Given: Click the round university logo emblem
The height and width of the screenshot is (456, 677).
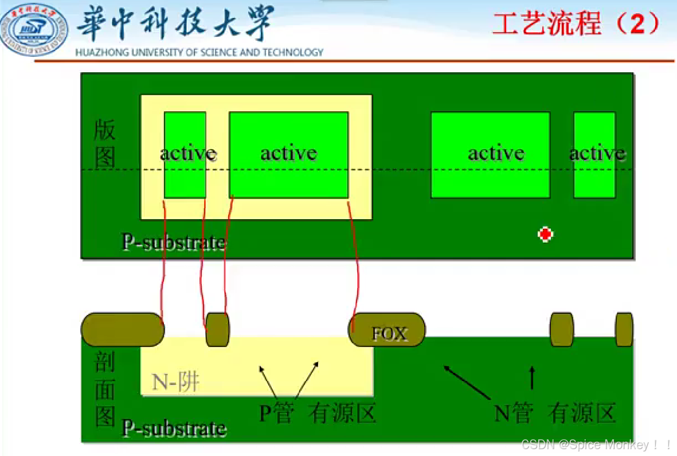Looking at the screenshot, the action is (34, 30).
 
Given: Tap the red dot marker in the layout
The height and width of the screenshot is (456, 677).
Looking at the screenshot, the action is (545, 234).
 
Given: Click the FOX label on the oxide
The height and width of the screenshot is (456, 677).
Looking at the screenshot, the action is (390, 334).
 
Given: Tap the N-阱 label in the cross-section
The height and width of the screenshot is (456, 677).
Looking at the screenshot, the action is (176, 381).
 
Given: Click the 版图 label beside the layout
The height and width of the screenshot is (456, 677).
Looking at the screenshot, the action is (105, 145).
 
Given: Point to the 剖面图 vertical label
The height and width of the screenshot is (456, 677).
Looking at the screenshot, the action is (105, 390).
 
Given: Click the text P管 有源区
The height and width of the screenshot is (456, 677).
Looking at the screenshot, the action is (318, 413).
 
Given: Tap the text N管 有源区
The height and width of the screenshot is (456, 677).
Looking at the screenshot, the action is (555, 413).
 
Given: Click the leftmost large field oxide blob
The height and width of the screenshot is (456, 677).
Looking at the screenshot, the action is (122, 330).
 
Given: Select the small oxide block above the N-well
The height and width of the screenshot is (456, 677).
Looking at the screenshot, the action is (217, 330).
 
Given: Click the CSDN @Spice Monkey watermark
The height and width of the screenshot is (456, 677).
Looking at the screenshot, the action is (596, 445).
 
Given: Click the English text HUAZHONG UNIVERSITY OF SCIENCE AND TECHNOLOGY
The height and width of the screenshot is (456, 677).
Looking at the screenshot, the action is (199, 52).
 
